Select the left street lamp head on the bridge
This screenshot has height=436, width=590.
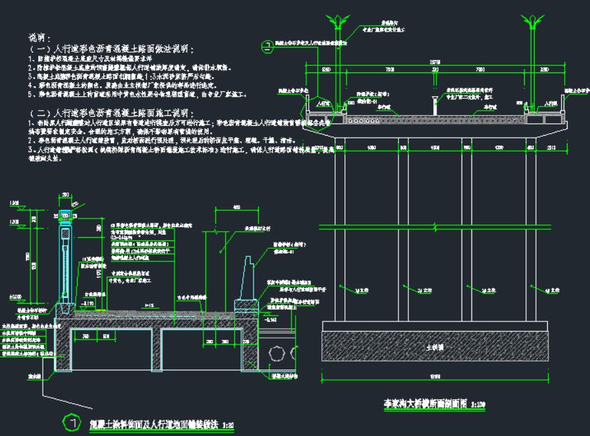(x=336, y=20)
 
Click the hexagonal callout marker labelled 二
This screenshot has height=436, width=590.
(x=267, y=46)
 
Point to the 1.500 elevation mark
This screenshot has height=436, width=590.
(x=14, y=204)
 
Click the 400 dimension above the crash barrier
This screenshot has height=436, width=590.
(x=236, y=207)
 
